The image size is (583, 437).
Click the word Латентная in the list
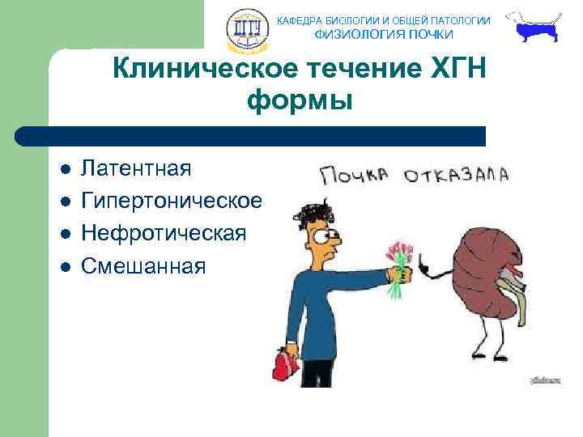pos(137,169)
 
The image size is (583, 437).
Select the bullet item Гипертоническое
pos(172,201)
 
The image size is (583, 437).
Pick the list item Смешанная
pos(144,265)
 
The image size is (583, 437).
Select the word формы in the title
pos(300,102)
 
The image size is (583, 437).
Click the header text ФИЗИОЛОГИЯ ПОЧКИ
pos(384,35)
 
